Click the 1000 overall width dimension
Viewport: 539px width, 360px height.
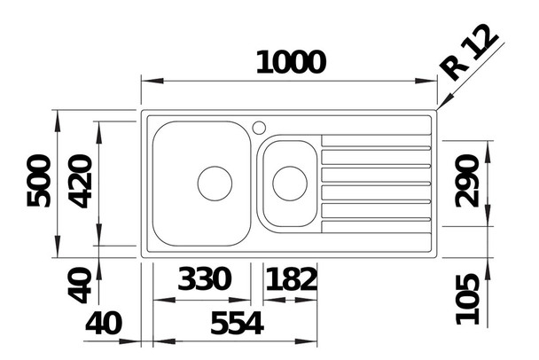coord(291,63)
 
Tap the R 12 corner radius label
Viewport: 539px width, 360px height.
coord(469,52)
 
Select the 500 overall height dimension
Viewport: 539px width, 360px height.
coord(38,181)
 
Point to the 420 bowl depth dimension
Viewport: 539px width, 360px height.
coord(80,181)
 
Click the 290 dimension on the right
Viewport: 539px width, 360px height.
coord(466,181)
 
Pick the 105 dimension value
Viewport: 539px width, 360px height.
coord(467,300)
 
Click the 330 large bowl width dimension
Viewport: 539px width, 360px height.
coord(204,278)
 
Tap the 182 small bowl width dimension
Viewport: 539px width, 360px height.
coord(291,278)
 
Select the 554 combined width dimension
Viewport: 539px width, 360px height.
coord(237,324)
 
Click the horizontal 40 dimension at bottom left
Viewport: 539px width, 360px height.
coord(104,324)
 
